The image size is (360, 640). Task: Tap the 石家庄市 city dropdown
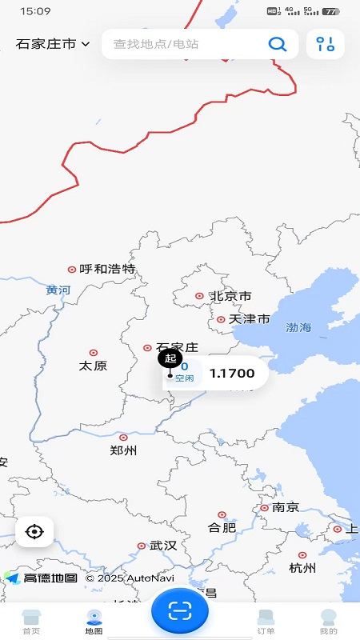pos(53,44)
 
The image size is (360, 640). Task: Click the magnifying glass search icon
pos(277,44)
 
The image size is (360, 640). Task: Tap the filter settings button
pos(325,44)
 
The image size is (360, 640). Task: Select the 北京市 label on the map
pos(231,296)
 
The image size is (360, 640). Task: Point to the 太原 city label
pos(93,365)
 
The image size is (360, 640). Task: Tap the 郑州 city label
pos(123,450)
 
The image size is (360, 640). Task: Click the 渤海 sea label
pos(298,327)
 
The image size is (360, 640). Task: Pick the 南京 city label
pos(286,507)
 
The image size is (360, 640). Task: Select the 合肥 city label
pos(222,527)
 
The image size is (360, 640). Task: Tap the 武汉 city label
pos(163,546)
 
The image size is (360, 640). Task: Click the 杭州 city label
pos(302,568)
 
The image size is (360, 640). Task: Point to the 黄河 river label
pos(58,290)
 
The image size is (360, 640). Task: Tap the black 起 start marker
pos(170,358)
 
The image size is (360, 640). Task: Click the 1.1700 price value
pos(232,373)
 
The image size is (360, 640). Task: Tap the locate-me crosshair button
pos(34,531)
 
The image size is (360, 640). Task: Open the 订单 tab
pos(266,621)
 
